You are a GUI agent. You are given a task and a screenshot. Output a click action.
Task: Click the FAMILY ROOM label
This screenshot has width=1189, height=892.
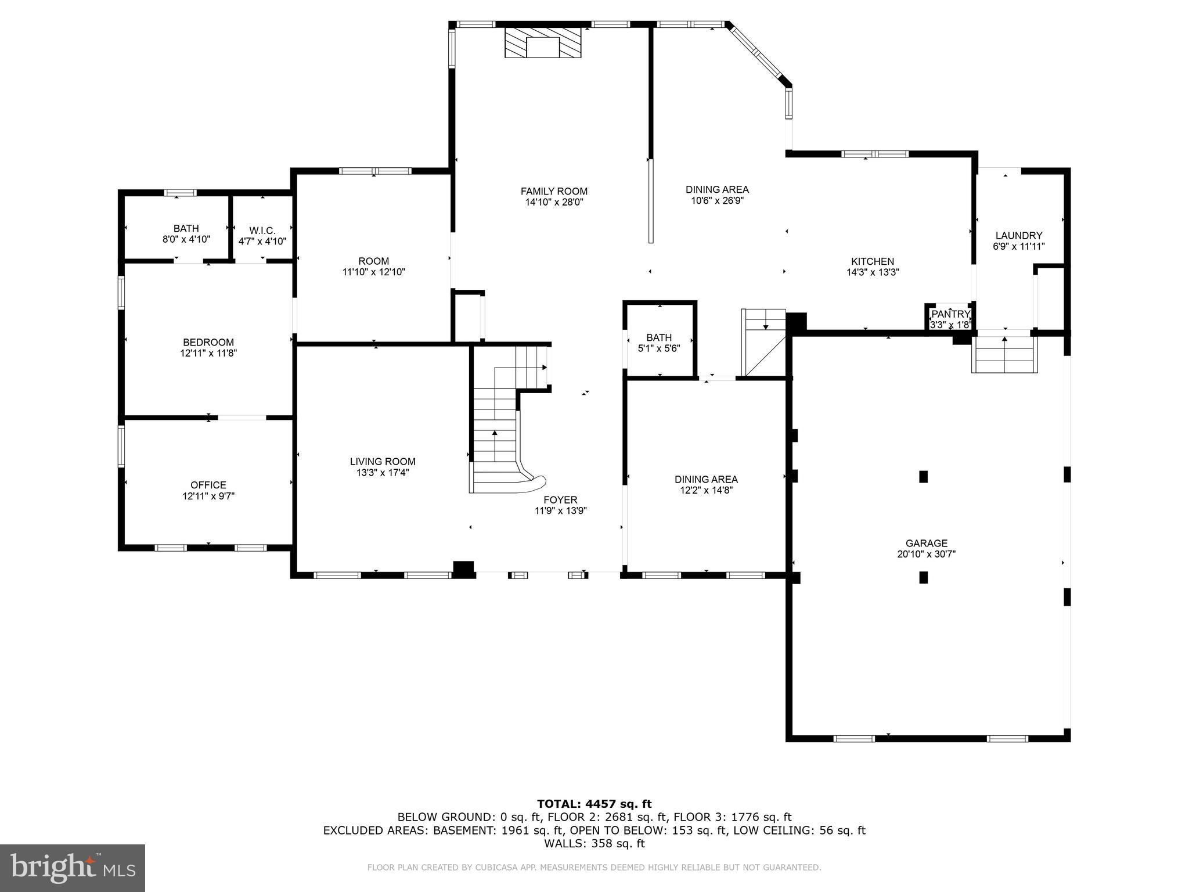[553, 191]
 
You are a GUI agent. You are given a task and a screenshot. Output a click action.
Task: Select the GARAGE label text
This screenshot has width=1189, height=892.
[926, 543]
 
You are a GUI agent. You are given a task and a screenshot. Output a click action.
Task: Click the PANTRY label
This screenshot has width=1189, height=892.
[950, 314]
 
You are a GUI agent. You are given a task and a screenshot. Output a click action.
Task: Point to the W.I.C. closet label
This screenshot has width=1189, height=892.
[262, 231]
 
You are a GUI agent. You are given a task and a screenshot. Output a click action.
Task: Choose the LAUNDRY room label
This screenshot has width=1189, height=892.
[1018, 235]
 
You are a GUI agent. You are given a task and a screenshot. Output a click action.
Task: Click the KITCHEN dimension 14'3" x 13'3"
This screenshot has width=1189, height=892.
[872, 272]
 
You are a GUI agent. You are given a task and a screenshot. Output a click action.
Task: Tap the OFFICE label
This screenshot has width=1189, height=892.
[208, 485]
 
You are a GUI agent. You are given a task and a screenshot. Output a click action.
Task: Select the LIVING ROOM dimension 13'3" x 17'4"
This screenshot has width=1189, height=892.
[383, 473]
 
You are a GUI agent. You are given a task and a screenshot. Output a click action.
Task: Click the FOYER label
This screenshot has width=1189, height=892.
[560, 499]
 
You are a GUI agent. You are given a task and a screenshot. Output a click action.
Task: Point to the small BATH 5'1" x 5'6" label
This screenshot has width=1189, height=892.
[658, 337]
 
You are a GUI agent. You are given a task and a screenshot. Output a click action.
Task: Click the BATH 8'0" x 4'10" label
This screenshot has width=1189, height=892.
[186, 228]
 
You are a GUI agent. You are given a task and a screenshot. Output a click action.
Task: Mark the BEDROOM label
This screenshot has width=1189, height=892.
[208, 342]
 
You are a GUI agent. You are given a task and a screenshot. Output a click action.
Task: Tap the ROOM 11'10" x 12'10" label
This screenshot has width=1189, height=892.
[373, 261]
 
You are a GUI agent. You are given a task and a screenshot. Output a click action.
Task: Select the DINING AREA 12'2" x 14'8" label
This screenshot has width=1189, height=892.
[705, 479]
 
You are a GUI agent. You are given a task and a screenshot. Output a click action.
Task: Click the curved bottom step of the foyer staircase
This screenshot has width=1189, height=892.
[511, 485]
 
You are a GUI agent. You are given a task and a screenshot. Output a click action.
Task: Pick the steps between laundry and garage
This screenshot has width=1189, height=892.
[1004, 355]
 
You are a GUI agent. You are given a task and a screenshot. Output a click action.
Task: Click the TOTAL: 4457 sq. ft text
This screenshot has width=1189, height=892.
[594, 804]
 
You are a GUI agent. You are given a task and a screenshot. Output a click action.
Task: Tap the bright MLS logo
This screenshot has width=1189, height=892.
[73, 868]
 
